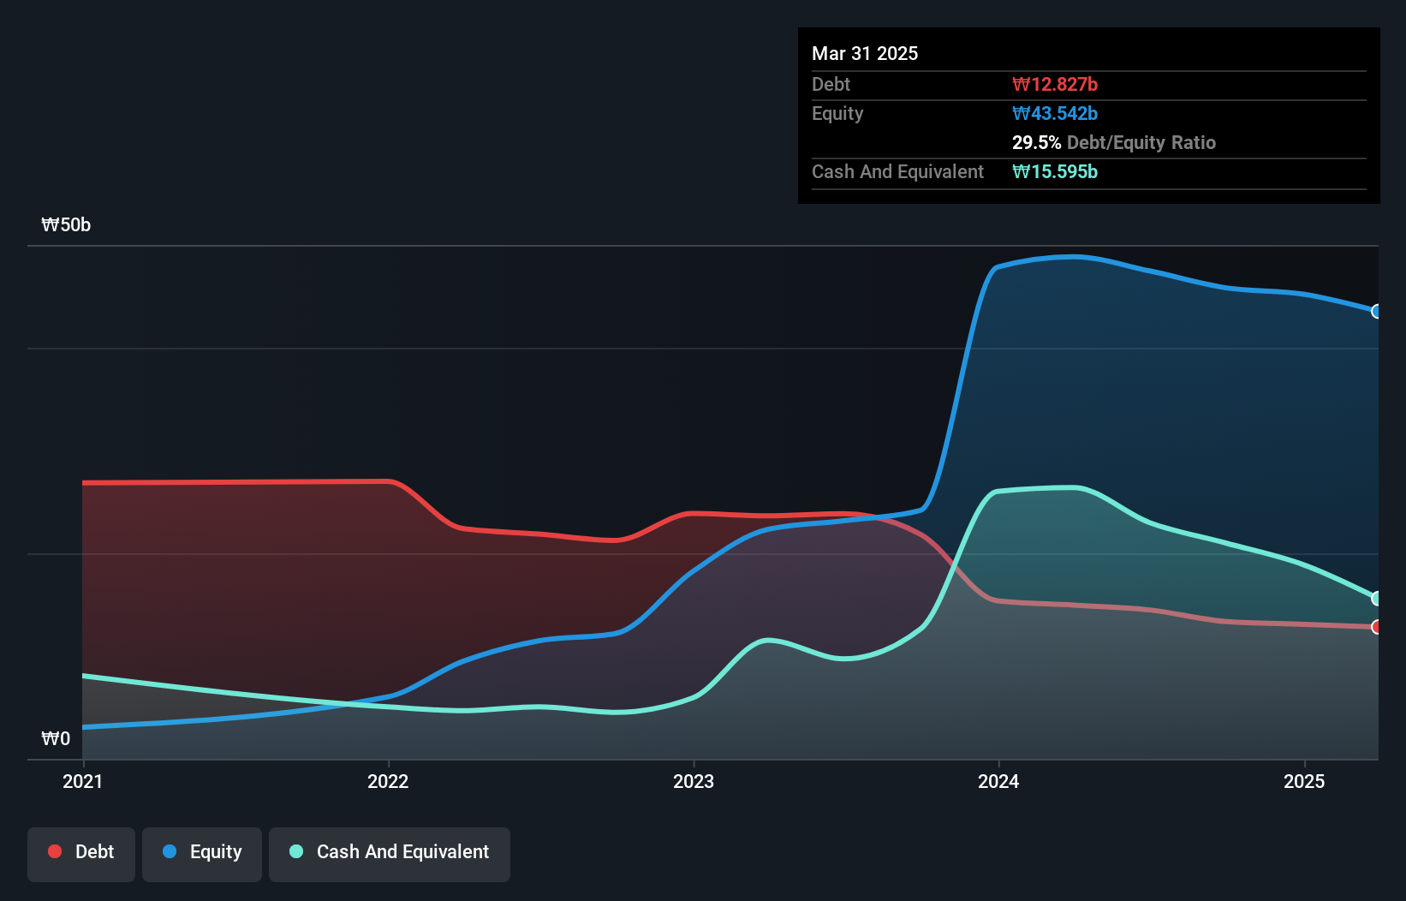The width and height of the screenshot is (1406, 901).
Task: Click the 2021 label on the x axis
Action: pos(83,781)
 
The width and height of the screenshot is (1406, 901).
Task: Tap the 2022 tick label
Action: pos(388,781)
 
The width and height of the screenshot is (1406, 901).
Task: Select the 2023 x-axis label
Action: pos(694,781)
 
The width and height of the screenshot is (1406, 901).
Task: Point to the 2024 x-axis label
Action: pos(998,781)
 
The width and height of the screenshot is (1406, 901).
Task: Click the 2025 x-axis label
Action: pos(1304,781)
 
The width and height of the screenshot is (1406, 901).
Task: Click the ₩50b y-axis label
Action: pos(66,225)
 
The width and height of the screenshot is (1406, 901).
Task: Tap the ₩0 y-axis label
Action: pos(56,738)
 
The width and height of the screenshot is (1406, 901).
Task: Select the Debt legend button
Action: pos(81,852)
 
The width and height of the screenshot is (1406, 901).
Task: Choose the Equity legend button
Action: pos(202,852)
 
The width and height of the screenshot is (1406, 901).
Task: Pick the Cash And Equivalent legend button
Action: pos(390,852)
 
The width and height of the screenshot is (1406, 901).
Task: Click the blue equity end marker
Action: pos(1377,311)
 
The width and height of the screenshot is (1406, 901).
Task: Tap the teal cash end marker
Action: pos(1377,598)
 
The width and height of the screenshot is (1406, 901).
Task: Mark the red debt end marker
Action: pos(1377,627)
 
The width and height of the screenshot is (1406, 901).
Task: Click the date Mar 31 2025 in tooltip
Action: pos(865,53)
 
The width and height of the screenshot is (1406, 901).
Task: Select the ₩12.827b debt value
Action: pos(1054,84)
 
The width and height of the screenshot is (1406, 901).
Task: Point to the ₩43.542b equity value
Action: pos(1054,113)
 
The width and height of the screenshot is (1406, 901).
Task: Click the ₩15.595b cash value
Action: pos(1054,171)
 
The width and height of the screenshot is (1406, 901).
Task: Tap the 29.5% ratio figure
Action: pos(1036,142)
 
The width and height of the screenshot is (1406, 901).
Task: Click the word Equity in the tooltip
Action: pos(837,113)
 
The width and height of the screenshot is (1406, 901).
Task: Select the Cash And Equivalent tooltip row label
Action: pos(897,171)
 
